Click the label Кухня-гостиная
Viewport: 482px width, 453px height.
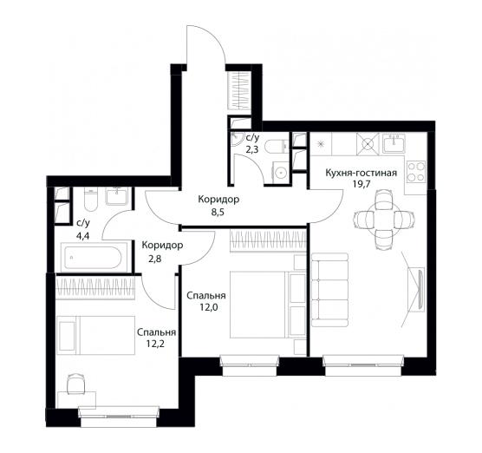point(361,173)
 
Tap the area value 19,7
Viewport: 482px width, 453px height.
point(361,184)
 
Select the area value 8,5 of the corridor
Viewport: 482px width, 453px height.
point(218,212)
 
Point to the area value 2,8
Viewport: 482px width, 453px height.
point(155,259)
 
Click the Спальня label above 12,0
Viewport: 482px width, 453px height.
point(206,296)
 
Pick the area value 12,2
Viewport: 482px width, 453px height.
point(155,344)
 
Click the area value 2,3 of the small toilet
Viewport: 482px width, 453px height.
point(251,150)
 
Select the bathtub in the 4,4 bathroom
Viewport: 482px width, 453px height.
point(94,257)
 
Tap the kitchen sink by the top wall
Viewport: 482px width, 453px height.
point(394,143)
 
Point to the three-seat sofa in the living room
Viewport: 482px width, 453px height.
point(329,290)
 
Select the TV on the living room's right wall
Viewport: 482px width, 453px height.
point(420,288)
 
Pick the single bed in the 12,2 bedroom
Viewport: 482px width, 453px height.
point(95,335)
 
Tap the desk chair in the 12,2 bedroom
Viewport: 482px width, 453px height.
point(75,384)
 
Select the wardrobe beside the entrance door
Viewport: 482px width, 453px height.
point(239,90)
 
